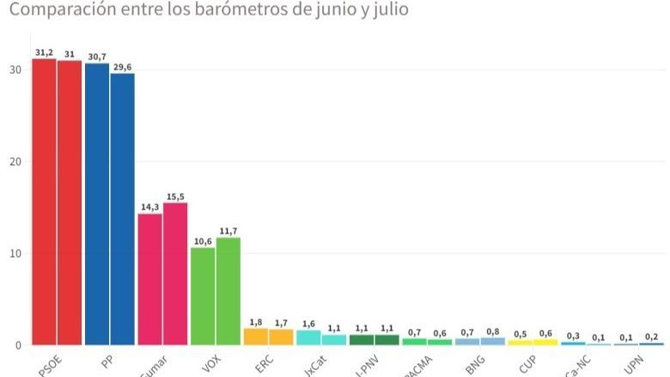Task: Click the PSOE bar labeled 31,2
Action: coord(44,202)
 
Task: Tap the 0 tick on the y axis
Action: coord(15,345)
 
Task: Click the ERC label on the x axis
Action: coord(263,362)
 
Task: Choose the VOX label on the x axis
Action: coord(210,362)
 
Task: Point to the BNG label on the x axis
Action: coord(474,362)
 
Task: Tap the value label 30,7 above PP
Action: coord(97,57)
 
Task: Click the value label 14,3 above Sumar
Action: coord(149,206)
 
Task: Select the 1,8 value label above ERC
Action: coord(255,321)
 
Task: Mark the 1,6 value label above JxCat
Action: coord(308,323)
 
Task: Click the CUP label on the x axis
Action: coord(527,362)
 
